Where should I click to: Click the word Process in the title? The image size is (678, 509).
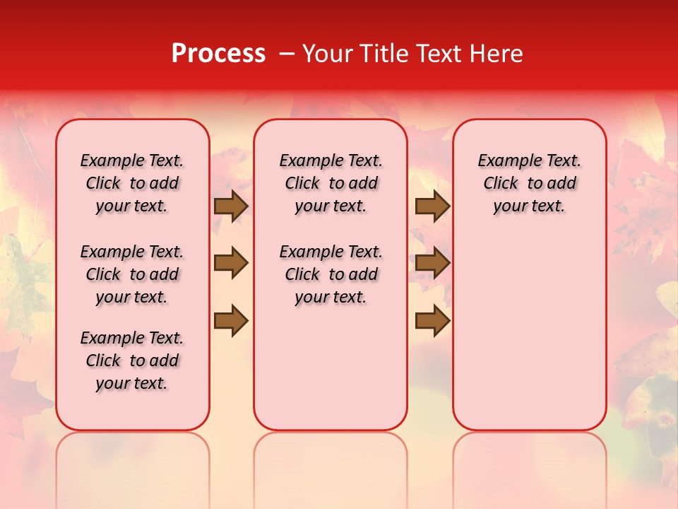pyautogui.click(x=218, y=54)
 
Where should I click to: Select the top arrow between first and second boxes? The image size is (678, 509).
pyautogui.click(x=231, y=206)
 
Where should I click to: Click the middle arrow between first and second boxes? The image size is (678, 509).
pyautogui.click(x=231, y=263)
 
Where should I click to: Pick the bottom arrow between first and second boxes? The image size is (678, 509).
pyautogui.click(x=231, y=321)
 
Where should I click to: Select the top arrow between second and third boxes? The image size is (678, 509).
pyautogui.click(x=432, y=206)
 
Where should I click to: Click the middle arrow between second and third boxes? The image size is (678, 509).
pyautogui.click(x=432, y=263)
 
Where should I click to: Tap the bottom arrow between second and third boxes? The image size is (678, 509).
pyautogui.click(x=432, y=321)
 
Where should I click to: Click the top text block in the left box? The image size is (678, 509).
pyautogui.click(x=132, y=183)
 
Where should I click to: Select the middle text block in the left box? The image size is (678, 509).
pyautogui.click(x=132, y=274)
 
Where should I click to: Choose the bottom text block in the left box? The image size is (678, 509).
pyautogui.click(x=132, y=361)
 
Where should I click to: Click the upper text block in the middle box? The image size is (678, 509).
pyautogui.click(x=331, y=183)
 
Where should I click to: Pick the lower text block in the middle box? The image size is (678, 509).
pyautogui.click(x=331, y=274)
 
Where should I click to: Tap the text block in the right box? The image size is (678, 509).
pyautogui.click(x=530, y=183)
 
